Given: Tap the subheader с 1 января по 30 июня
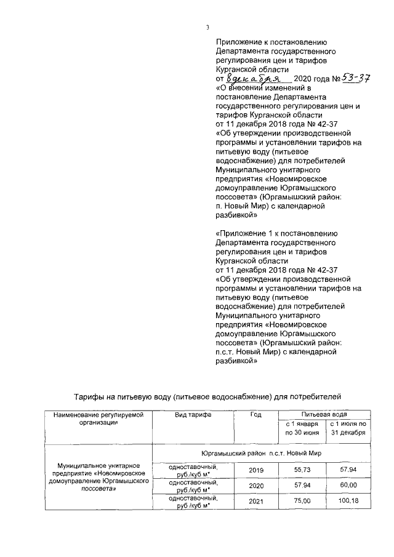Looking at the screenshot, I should coord(302,429).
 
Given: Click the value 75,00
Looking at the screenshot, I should coord(302,502).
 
